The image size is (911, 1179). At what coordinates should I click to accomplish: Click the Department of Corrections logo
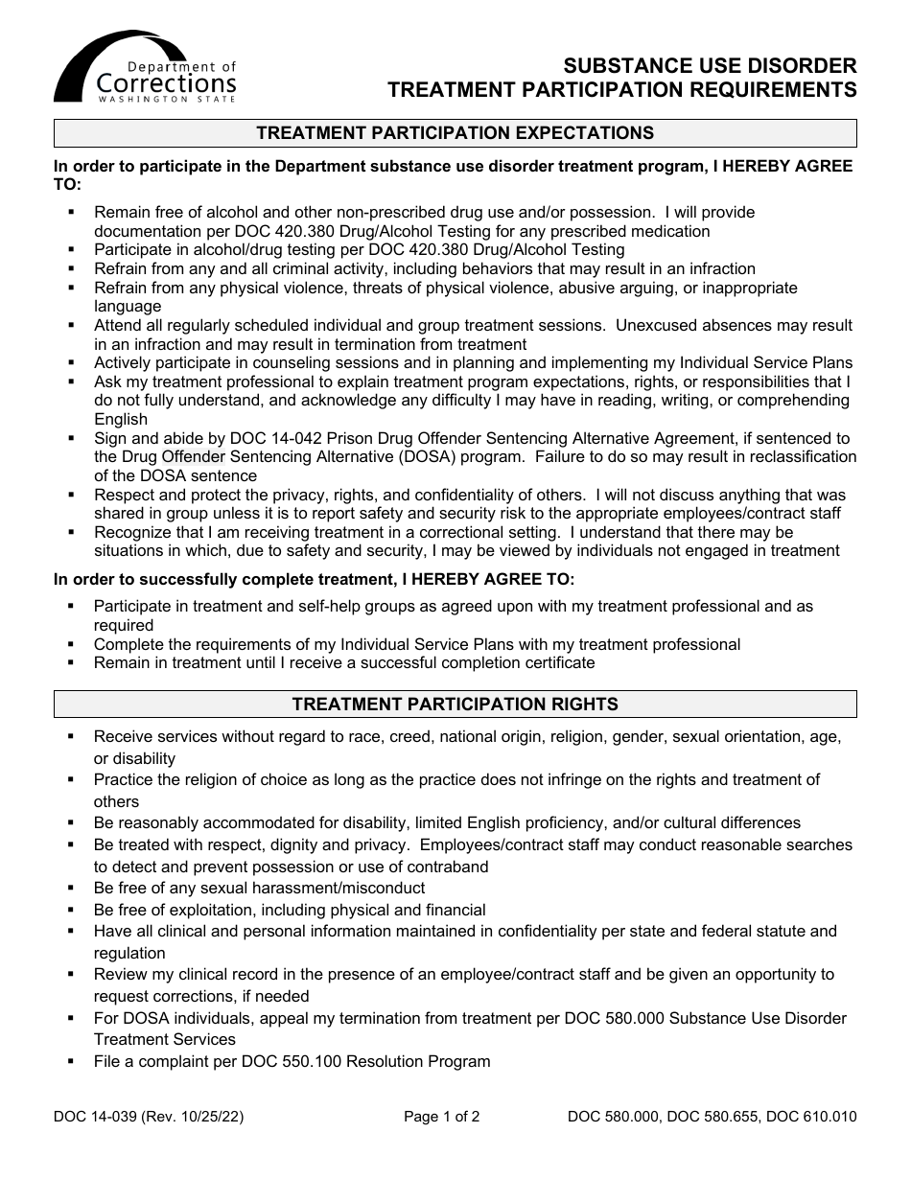[x=144, y=68]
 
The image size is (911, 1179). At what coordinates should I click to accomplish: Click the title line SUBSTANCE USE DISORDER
[x=710, y=66]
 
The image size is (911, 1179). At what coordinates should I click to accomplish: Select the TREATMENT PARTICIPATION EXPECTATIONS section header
[x=455, y=133]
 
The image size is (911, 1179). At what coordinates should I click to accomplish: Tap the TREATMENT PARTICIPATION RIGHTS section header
[x=455, y=705]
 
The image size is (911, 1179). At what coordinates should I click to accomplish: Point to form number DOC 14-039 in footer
[x=96, y=1117]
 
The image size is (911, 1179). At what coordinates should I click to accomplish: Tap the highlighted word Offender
[x=193, y=457]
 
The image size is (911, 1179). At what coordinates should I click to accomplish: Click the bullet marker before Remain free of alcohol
[x=71, y=213]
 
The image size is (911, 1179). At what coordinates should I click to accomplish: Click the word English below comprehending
[x=121, y=420]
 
